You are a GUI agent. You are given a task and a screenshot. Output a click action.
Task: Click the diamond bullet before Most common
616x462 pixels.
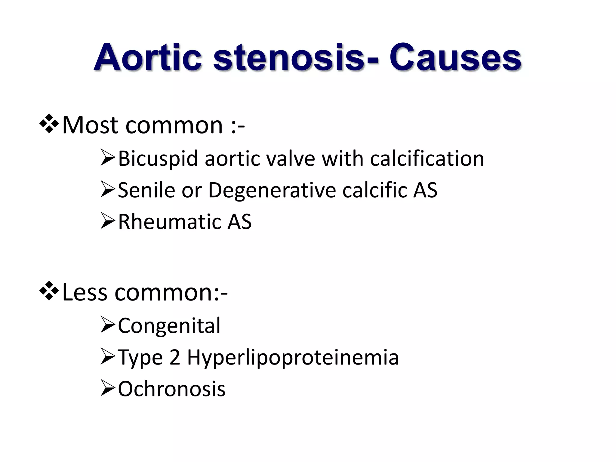(49, 124)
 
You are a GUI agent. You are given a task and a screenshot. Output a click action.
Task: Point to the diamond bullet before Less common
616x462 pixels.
(49, 291)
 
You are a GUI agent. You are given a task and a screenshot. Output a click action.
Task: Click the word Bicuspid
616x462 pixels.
(158, 159)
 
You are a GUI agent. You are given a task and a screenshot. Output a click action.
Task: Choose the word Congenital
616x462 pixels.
(169, 326)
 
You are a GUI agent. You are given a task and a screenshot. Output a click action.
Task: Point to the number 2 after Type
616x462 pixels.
(175, 357)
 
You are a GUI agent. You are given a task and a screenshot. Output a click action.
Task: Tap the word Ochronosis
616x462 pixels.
(171, 389)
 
